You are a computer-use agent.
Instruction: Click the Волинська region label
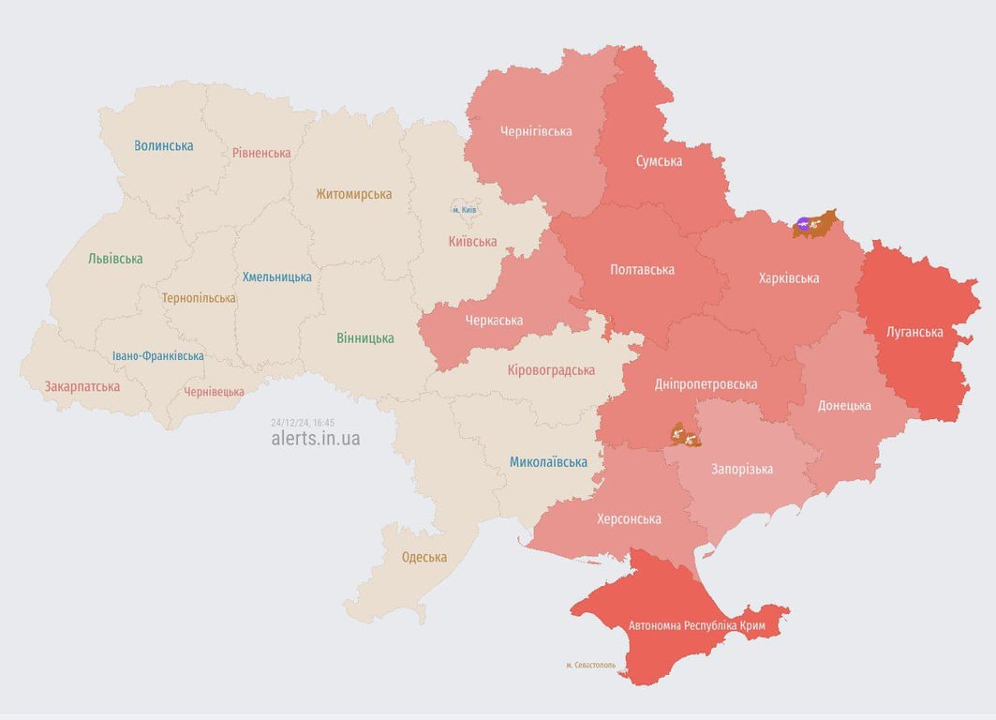coord(164,145)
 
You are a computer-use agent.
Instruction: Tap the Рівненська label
coord(261,152)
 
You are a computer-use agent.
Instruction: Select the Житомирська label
coord(353,194)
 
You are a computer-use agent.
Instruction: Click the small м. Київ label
coord(465,209)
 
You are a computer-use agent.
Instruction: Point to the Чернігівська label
coord(536,131)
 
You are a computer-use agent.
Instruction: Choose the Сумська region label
coord(659,161)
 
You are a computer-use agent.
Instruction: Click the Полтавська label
coord(642,270)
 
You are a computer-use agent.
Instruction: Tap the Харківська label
coord(788,277)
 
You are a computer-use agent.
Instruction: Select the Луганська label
coord(914,332)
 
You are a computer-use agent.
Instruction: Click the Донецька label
coord(843,405)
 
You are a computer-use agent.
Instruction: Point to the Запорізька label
coord(742,469)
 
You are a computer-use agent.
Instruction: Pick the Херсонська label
coord(629,518)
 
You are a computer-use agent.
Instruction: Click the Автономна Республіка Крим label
coord(696,625)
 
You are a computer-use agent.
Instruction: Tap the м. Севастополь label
coord(590,665)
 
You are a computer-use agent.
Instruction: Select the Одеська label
coord(424,557)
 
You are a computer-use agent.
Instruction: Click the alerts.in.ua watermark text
coord(315,438)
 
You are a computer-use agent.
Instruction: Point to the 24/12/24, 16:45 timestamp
coord(302,422)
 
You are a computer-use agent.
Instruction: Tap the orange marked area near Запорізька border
coord(685,435)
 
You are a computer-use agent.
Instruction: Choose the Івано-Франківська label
coord(157,356)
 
